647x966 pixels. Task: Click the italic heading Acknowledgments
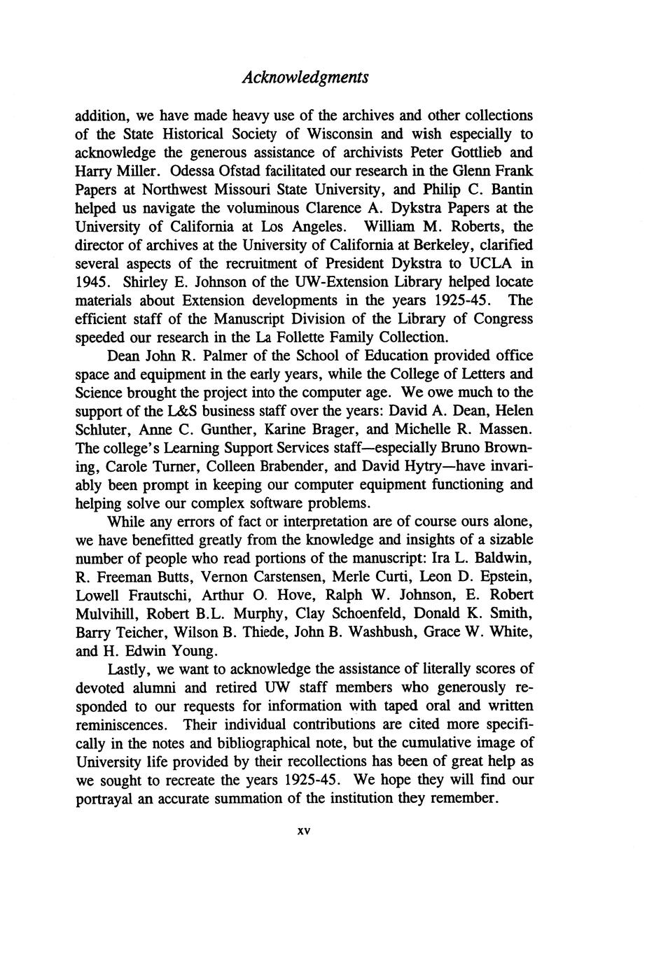[305, 77]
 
